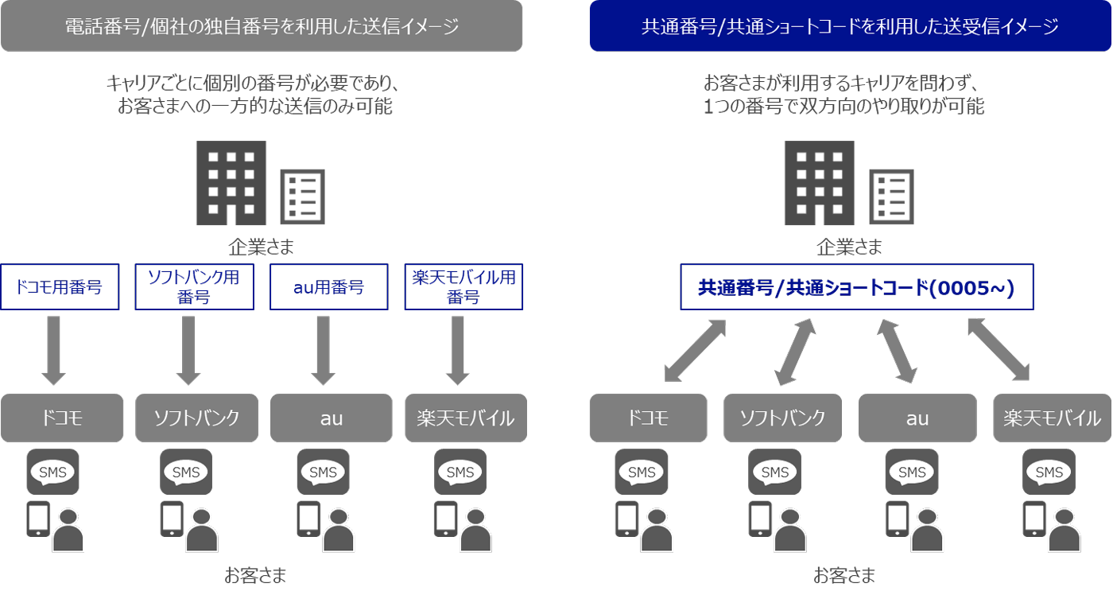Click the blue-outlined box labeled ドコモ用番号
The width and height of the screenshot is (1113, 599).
pyautogui.click(x=60, y=286)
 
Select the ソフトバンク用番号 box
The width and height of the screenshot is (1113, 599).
pyautogui.click(x=194, y=286)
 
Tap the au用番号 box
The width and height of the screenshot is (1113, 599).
pyautogui.click(x=328, y=286)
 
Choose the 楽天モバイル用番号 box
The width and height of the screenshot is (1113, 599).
pyautogui.click(x=463, y=286)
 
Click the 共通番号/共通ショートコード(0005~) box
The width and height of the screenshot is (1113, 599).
pyautogui.click(x=856, y=286)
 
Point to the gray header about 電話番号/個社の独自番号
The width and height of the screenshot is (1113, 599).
pyautogui.click(x=261, y=26)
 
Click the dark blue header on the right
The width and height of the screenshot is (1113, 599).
pyautogui.click(x=850, y=26)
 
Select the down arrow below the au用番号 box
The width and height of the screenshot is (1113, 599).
pyautogui.click(x=323, y=350)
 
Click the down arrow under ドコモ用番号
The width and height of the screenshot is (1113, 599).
pyautogui.click(x=54, y=350)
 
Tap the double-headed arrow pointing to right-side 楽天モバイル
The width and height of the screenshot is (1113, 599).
pyautogui.click(x=999, y=349)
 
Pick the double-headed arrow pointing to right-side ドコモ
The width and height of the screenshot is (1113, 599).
pyautogui.click(x=695, y=350)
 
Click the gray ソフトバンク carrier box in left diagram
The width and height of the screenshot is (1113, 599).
pyautogui.click(x=196, y=418)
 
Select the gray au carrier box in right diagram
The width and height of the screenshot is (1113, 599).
pyautogui.click(x=917, y=418)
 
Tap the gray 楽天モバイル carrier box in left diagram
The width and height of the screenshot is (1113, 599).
pyautogui.click(x=465, y=418)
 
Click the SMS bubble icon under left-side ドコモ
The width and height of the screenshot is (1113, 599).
pyautogui.click(x=53, y=472)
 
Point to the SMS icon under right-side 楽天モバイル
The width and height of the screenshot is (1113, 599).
pyautogui.click(x=1049, y=472)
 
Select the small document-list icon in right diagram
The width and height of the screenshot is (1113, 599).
pyautogui.click(x=891, y=195)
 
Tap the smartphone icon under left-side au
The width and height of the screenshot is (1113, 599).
pyautogui.click(x=309, y=519)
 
